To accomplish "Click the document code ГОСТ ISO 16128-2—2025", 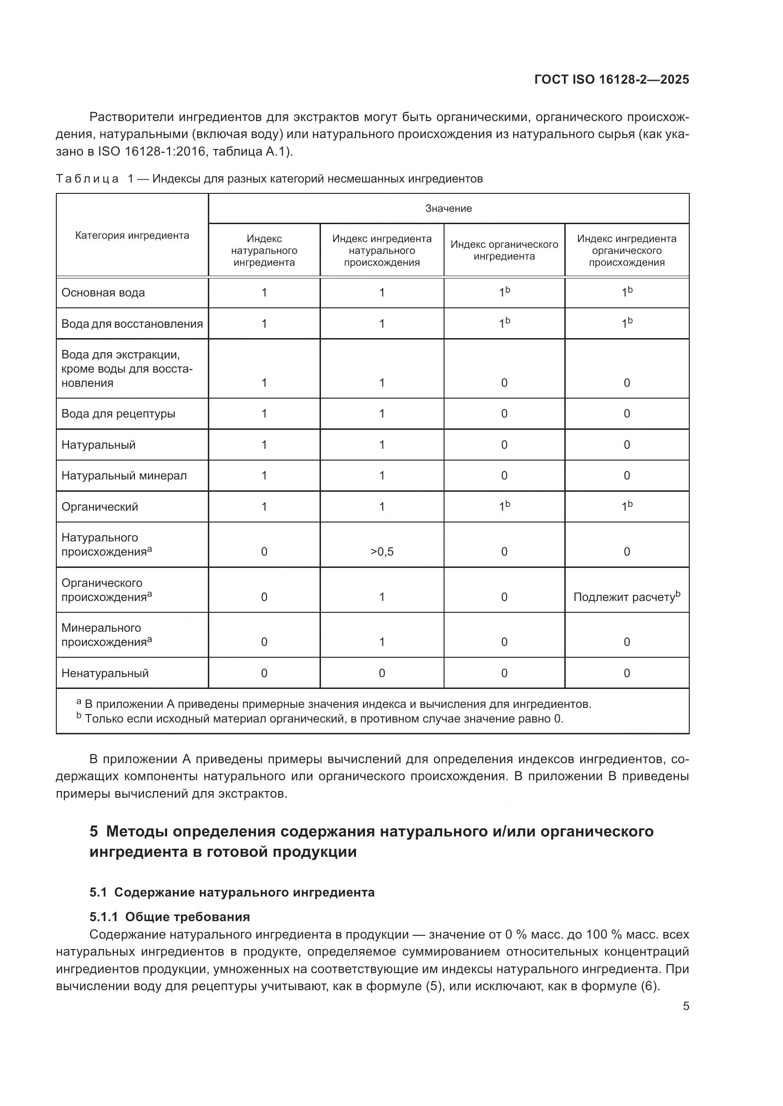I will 611,79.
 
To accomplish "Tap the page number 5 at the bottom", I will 685,1006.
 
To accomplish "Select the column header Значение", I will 448,209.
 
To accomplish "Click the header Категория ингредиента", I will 132,235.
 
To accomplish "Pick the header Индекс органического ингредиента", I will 504,251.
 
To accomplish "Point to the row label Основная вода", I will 103,293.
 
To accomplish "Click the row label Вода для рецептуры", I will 118,414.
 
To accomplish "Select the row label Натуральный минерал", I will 124,476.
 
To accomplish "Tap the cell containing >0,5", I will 382,552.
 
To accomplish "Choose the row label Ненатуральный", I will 105,673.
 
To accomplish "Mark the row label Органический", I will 100,507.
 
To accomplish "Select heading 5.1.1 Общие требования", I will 170,917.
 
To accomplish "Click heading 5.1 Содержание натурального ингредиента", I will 232,892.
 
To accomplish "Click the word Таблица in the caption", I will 87,179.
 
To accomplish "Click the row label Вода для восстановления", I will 132,324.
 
